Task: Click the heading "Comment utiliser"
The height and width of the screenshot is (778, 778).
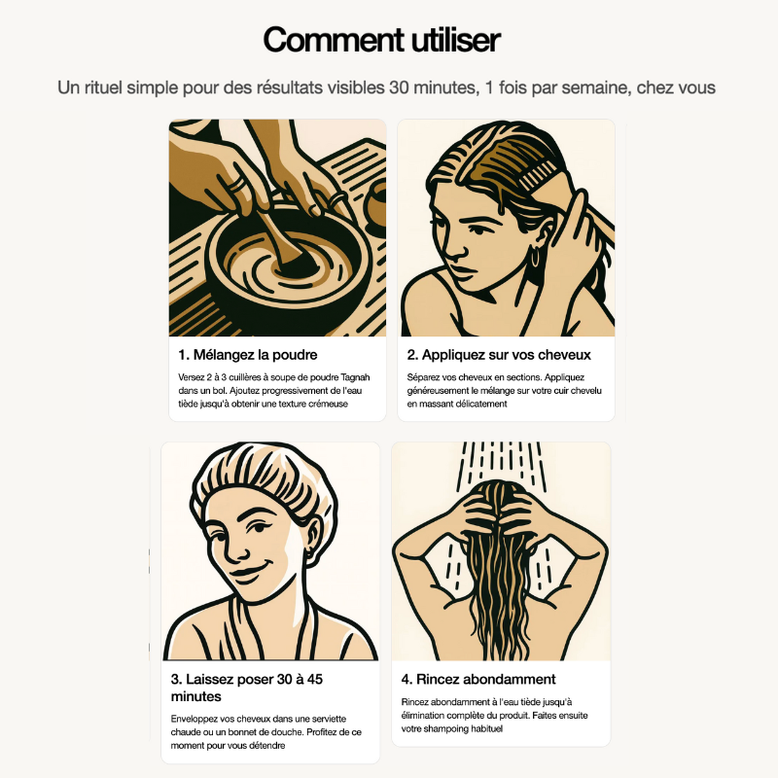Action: pos(381,40)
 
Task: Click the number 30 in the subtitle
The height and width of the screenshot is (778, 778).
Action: pos(399,88)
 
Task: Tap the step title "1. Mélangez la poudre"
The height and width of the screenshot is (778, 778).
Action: pos(248,355)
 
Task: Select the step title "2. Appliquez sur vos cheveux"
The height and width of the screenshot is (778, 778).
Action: pos(499,355)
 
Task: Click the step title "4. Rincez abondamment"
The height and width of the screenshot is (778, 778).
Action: pos(478,679)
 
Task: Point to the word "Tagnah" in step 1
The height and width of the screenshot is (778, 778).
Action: pos(355,377)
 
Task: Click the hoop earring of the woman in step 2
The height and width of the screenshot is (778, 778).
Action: pos(536,257)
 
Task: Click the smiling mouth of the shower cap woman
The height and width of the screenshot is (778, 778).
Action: pos(251,571)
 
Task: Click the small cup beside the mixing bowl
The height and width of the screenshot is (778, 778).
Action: pos(376,206)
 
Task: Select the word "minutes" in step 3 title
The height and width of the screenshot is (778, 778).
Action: pos(196,696)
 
